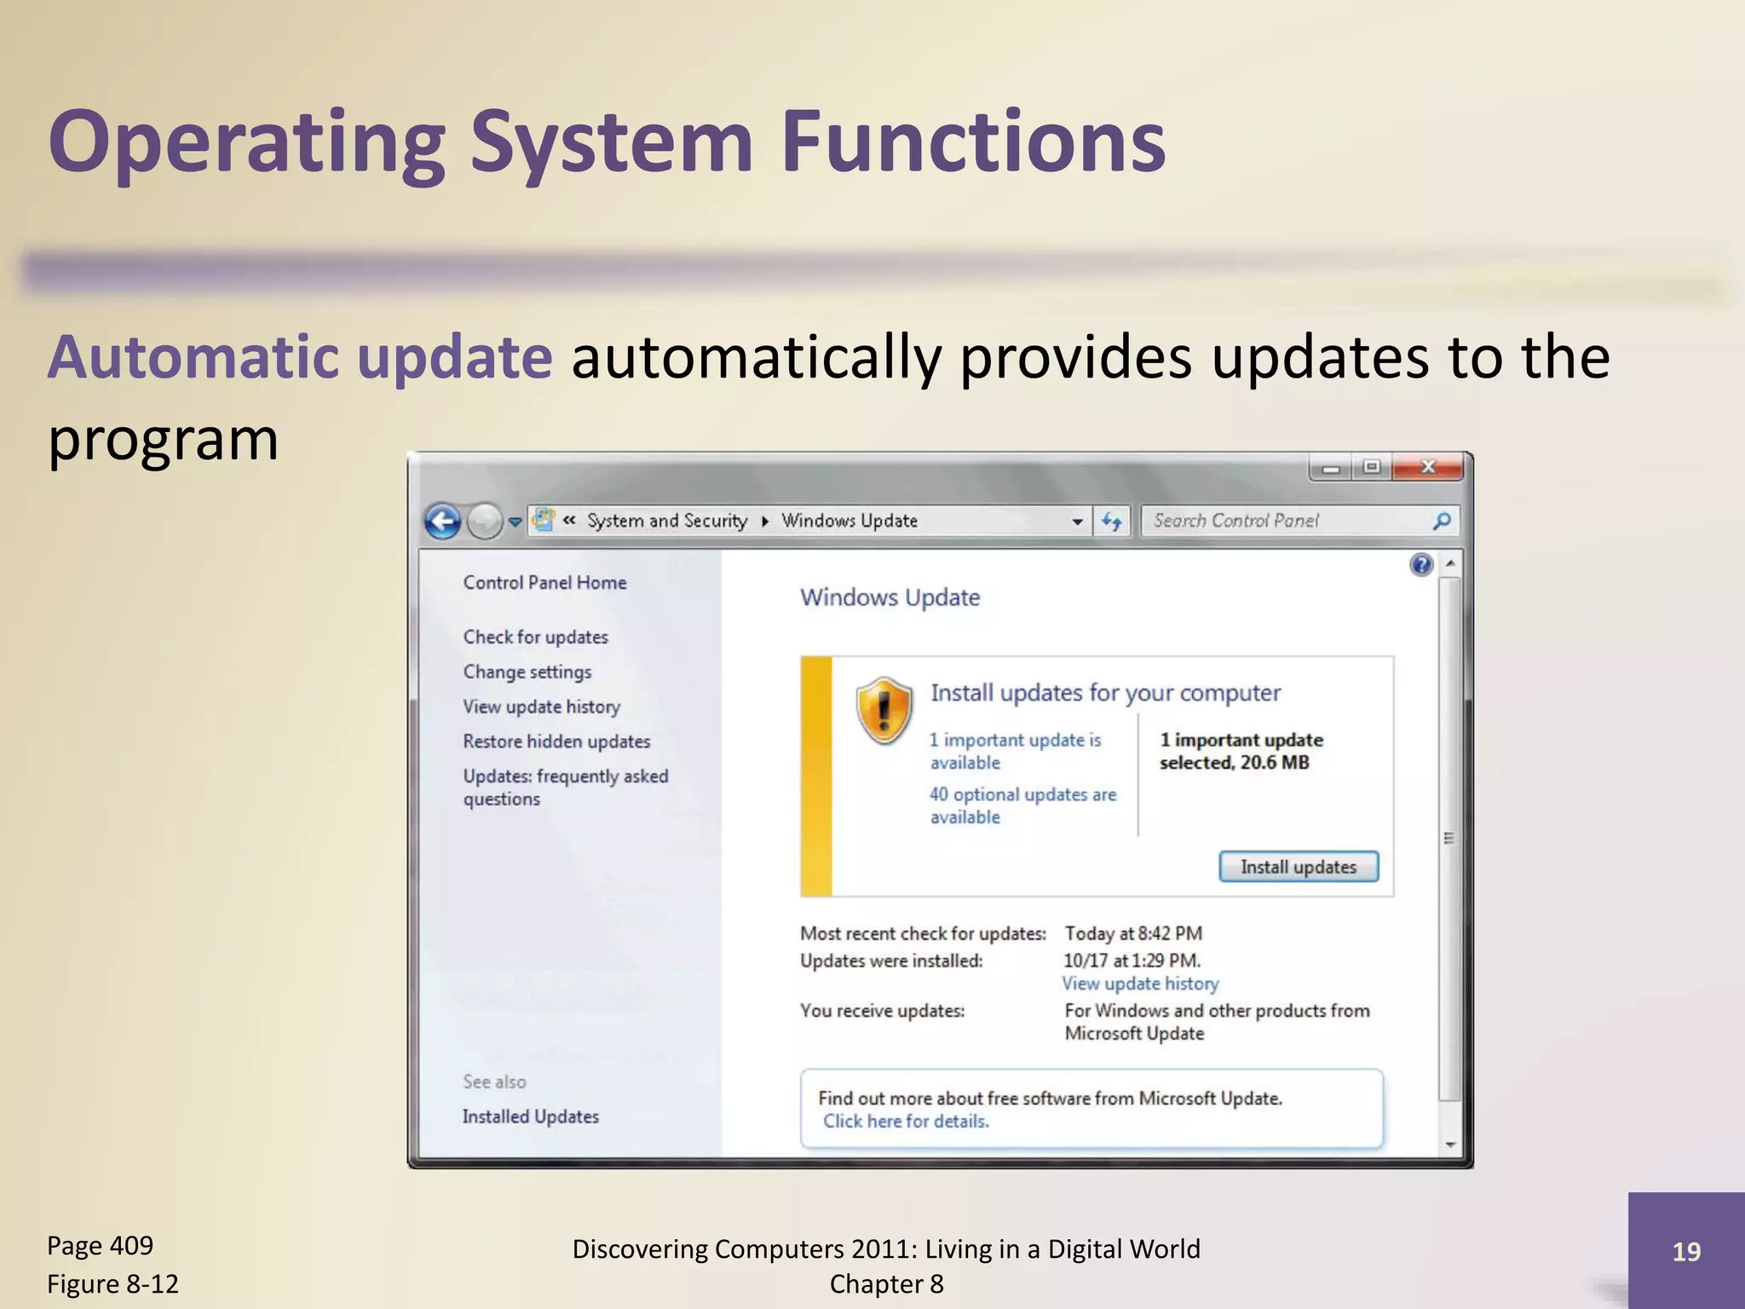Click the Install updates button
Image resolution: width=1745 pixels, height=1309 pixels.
(x=1298, y=867)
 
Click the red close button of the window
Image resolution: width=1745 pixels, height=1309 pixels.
(x=1428, y=467)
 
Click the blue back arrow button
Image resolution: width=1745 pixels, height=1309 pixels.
(x=443, y=522)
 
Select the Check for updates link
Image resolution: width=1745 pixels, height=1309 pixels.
(x=535, y=637)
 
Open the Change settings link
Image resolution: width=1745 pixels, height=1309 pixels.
(x=527, y=672)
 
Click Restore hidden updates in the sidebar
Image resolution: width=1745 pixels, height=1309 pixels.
(x=556, y=741)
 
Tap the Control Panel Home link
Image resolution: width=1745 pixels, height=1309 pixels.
(x=544, y=582)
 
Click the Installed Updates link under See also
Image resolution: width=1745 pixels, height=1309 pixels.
(x=530, y=1116)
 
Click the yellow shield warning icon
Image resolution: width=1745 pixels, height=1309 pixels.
(x=884, y=711)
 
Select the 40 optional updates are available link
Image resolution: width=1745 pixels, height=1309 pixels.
(x=1022, y=804)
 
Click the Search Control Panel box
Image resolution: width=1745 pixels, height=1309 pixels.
(x=1287, y=521)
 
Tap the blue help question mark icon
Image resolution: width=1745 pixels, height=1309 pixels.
(x=1421, y=564)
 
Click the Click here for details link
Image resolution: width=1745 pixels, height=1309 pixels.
(x=905, y=1122)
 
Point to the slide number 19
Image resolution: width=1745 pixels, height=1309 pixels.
(x=1685, y=1251)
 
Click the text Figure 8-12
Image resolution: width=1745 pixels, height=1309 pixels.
(x=112, y=1283)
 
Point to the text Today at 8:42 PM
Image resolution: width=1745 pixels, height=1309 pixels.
(x=1132, y=933)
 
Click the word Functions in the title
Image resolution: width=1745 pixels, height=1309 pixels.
(x=972, y=141)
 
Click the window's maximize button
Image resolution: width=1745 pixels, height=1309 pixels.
(x=1371, y=467)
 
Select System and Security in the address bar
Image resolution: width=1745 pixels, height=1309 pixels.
(x=666, y=521)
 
